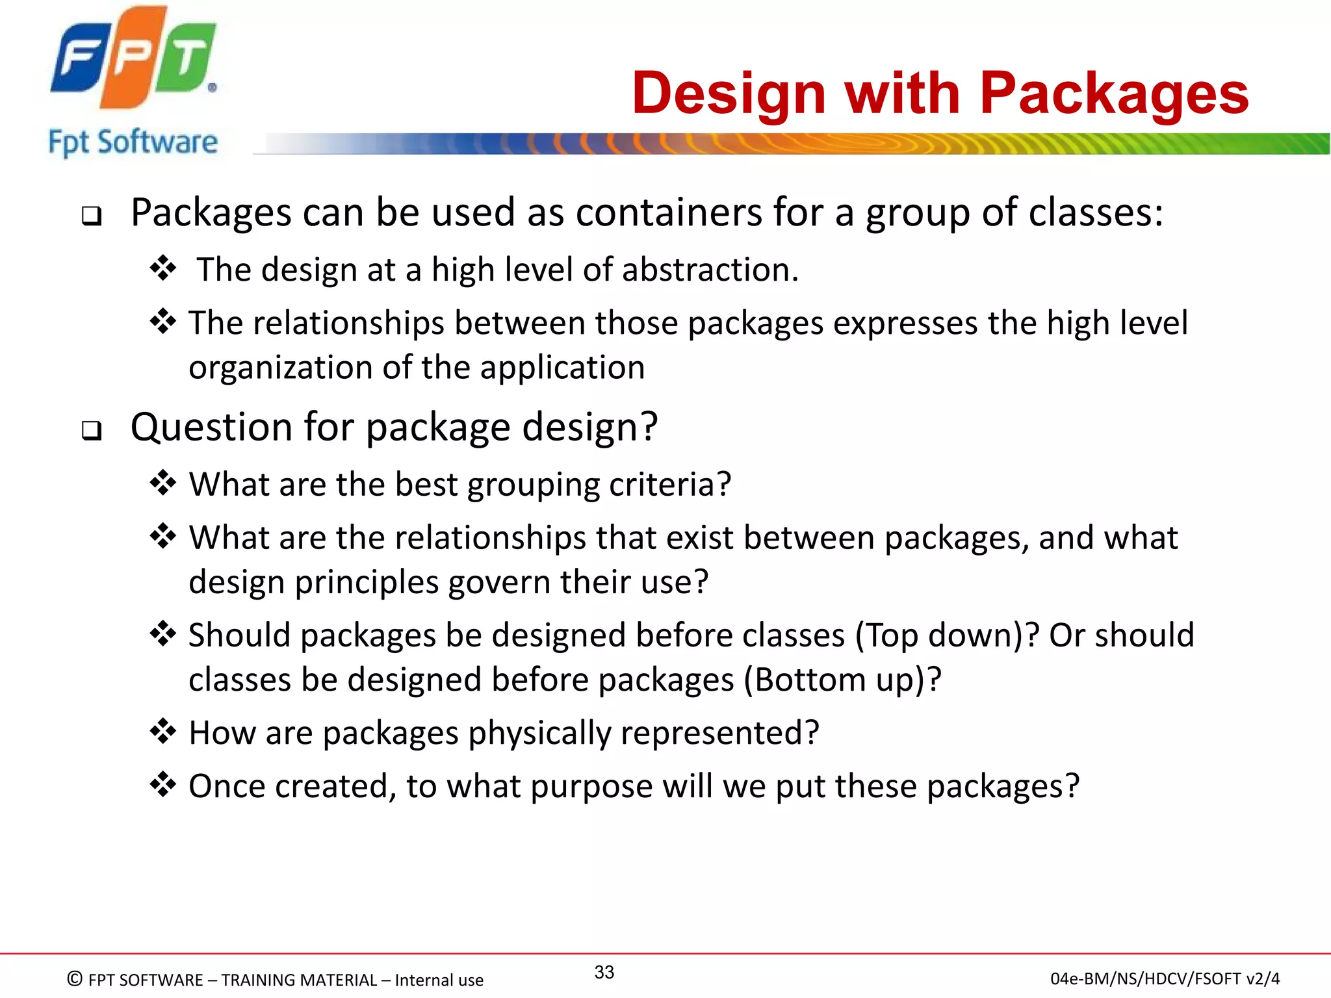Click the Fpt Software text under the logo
[133, 142]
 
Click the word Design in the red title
[729, 94]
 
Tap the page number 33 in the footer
[604, 972]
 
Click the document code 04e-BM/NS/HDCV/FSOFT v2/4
[1165, 979]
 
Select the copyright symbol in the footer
[75, 979]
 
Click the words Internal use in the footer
[439, 980]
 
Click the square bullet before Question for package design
[92, 430]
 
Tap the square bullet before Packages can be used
[92, 216]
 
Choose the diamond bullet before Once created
[162, 784]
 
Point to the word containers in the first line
[669, 212]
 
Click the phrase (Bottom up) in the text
[842, 680]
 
